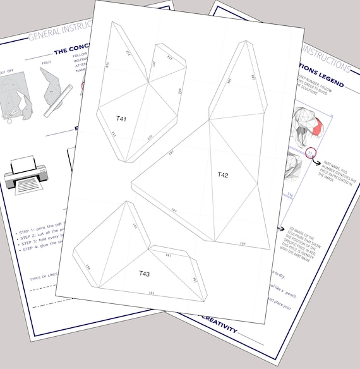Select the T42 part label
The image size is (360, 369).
(223, 174)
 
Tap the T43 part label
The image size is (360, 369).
(144, 274)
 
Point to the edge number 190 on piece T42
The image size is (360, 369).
(242, 243)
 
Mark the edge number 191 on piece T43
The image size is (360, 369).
(152, 293)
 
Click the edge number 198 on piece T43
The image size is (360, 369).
(88, 268)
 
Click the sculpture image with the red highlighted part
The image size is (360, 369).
(309, 126)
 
